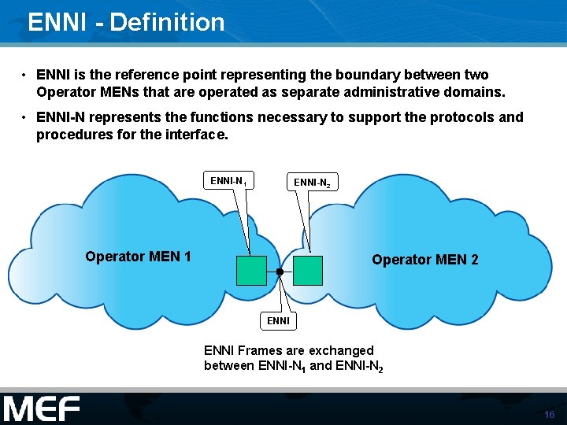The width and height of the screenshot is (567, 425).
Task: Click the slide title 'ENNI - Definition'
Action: click(126, 22)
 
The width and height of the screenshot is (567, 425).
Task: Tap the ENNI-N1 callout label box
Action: click(228, 181)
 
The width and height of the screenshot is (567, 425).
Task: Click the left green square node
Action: click(251, 270)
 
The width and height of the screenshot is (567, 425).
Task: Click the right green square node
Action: click(308, 270)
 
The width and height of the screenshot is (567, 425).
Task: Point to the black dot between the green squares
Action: click(280, 272)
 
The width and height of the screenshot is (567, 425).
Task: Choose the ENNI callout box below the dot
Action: click(278, 320)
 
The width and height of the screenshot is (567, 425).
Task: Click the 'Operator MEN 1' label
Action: click(138, 256)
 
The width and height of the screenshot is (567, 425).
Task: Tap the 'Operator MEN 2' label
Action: click(424, 259)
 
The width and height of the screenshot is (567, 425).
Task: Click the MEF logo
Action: click(42, 409)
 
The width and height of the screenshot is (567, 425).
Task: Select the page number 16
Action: click(549, 415)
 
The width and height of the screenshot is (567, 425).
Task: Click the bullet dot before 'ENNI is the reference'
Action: click(25, 76)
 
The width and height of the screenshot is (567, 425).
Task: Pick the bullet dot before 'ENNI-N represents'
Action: click(25, 117)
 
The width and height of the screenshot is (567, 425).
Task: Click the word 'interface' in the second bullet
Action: click(198, 134)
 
